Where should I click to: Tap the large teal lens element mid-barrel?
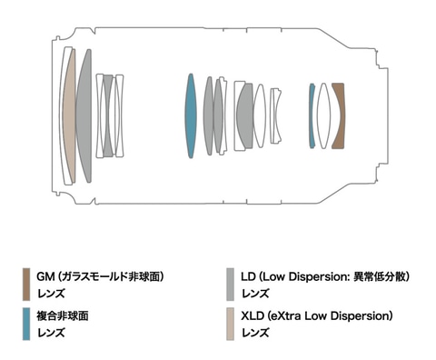coord(191,115)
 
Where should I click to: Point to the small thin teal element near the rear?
coord(312,115)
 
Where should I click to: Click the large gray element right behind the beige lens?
coord(84,115)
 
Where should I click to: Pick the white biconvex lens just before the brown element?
coord(323,115)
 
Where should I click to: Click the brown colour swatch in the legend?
coord(26,285)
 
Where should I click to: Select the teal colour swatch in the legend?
coord(26,324)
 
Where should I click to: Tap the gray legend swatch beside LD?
coord(230,285)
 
